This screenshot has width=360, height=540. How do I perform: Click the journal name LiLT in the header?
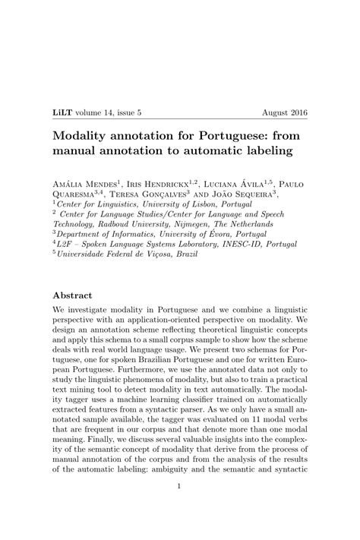(x=62, y=112)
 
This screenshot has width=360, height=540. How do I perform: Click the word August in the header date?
(x=276, y=112)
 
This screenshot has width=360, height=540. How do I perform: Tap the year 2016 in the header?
(x=300, y=112)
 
